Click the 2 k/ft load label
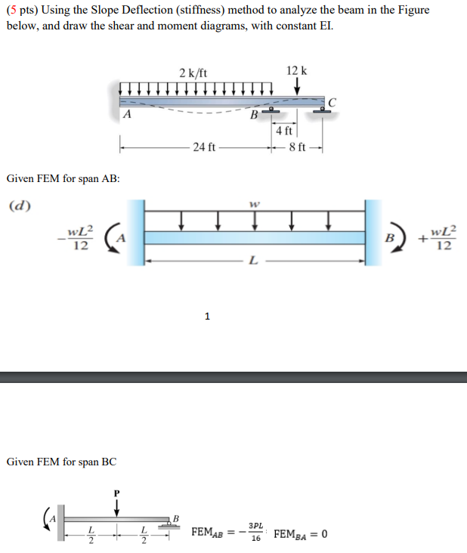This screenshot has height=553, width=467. tap(193, 73)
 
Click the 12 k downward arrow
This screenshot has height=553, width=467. tap(298, 88)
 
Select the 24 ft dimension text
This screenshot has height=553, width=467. tap(203, 146)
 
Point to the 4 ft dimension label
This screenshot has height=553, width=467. tap(284, 131)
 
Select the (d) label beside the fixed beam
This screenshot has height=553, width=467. tap(19, 204)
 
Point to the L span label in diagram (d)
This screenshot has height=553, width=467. tap(253, 261)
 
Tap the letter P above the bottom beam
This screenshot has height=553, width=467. tap(116, 492)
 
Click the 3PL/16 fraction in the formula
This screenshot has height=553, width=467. tap(255, 533)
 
